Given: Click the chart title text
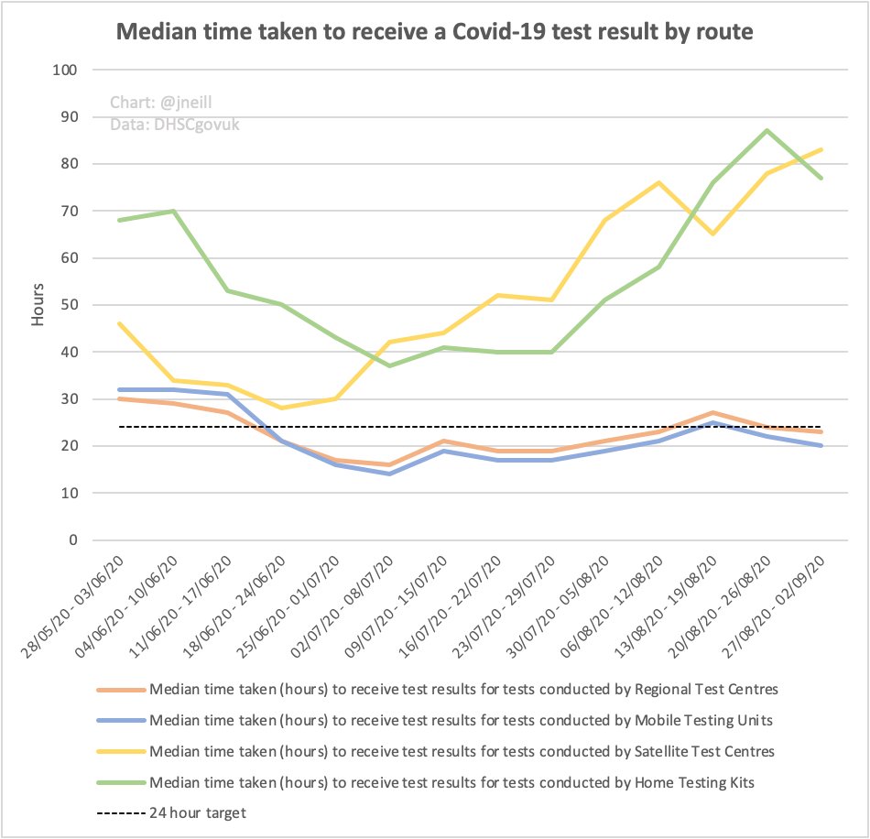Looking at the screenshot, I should pyautogui.click(x=434, y=34).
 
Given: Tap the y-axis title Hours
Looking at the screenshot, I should pyautogui.click(x=38, y=305).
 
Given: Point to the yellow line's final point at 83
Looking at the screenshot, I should pyautogui.click(x=821, y=149).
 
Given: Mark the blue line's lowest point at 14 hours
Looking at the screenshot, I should pyautogui.click(x=390, y=474).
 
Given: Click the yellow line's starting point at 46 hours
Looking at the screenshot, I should pyautogui.click(x=119, y=323).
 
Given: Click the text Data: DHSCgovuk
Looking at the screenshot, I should pyautogui.click(x=174, y=125).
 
